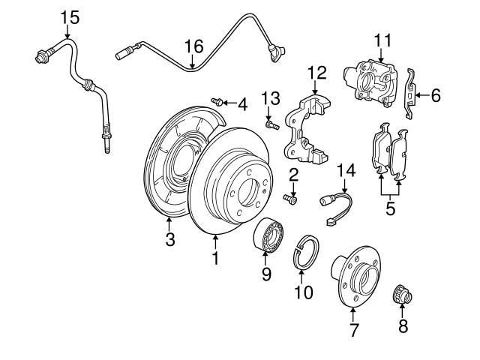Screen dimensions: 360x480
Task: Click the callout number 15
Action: coord(68,15)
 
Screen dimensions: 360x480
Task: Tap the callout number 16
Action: coord(193,46)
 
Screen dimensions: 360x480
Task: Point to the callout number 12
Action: coord(316,73)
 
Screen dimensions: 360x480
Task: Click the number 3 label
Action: coord(170,239)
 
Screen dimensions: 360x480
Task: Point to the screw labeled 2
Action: coord(290,199)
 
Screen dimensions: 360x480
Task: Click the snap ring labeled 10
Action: coord(305,251)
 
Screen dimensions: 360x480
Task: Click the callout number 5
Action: coord(390,208)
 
